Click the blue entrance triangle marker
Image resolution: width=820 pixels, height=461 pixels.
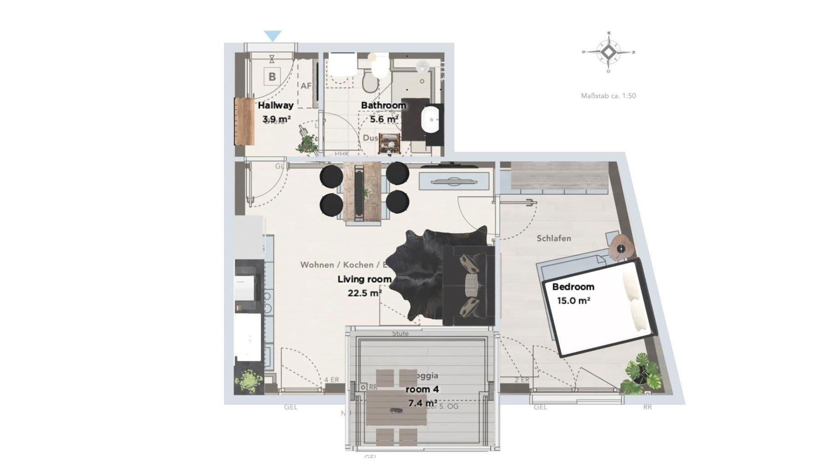(x=272, y=35)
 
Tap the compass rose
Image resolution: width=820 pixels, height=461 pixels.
(x=609, y=52)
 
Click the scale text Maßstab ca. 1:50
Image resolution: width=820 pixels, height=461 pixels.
(x=608, y=96)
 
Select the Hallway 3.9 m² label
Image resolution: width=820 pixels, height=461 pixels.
(x=276, y=112)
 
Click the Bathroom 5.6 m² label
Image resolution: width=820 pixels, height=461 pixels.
(x=383, y=112)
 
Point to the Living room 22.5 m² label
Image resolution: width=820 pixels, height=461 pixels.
(x=364, y=286)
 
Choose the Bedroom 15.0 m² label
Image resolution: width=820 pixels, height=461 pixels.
(x=573, y=294)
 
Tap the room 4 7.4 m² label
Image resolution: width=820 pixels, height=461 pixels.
(x=422, y=396)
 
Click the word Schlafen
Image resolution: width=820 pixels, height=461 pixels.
(x=553, y=238)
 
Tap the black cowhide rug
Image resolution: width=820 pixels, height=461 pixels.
(x=419, y=273)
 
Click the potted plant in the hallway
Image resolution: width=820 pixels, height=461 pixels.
(x=307, y=142)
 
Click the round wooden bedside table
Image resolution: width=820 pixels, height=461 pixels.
(x=622, y=248)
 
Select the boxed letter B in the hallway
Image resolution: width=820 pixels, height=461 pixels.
(x=272, y=76)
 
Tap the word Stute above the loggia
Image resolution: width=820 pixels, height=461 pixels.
(x=400, y=334)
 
